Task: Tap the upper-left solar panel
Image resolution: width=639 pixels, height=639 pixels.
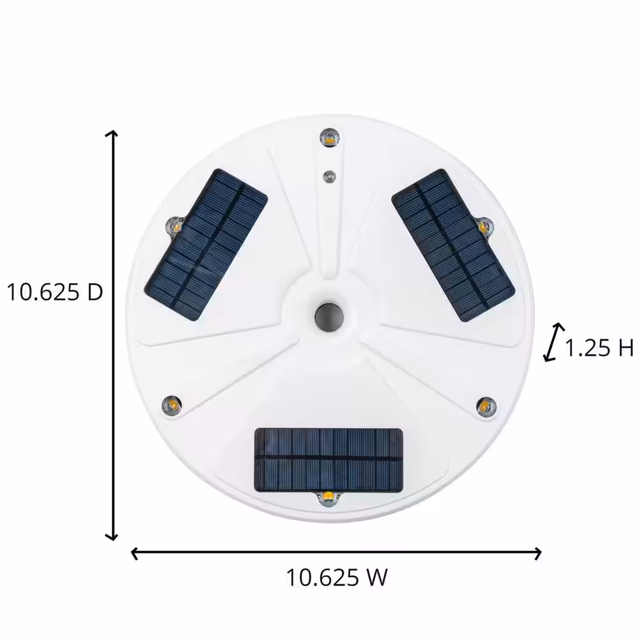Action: [x=206, y=245]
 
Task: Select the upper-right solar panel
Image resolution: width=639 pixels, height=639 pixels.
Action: [x=453, y=245]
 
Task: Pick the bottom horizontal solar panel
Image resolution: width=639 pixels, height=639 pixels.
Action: [x=328, y=460]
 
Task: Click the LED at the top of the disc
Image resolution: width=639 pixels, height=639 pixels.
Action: [x=330, y=137]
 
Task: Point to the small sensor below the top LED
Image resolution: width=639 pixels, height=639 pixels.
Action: [x=330, y=177]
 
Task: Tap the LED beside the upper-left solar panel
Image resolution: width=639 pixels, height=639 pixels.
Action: [x=174, y=226]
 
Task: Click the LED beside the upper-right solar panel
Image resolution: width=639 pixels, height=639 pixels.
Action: [x=484, y=226]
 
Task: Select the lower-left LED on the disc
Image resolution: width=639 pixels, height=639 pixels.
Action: [x=172, y=405]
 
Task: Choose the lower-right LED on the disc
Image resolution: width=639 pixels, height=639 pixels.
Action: [x=486, y=406]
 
